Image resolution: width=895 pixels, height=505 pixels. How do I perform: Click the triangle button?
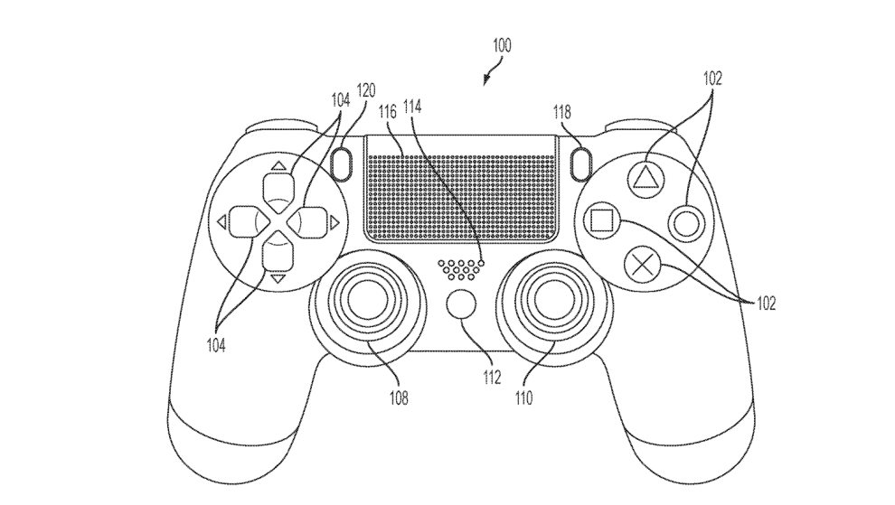click(645, 173)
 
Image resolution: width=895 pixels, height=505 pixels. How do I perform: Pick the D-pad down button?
click(277, 254)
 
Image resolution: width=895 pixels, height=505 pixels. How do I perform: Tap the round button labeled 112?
click(461, 304)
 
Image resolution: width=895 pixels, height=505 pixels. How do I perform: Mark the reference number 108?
click(399, 397)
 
